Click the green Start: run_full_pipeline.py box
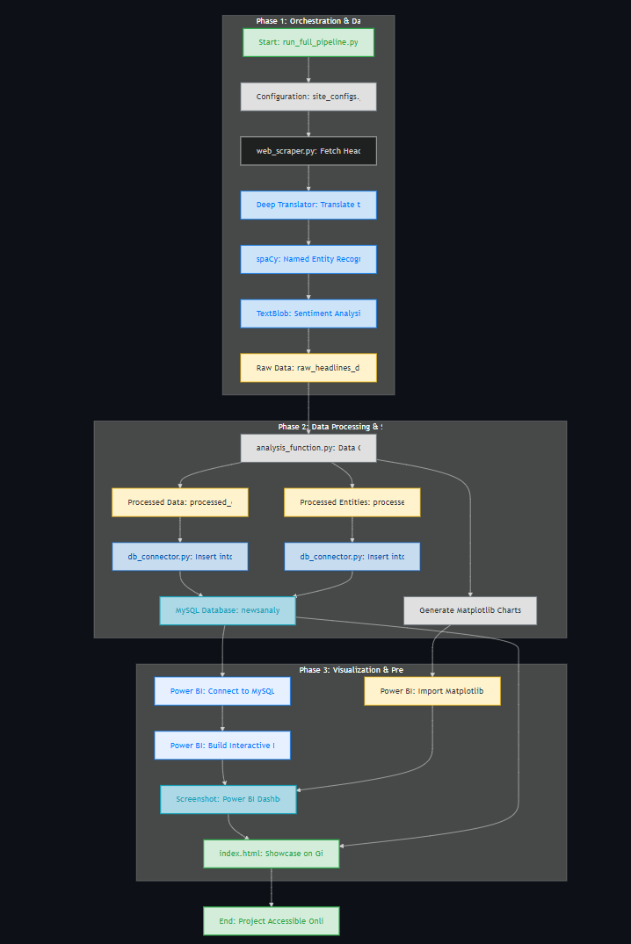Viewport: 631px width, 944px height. click(308, 42)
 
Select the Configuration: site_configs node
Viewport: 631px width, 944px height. click(308, 97)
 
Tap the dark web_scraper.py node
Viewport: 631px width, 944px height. click(308, 151)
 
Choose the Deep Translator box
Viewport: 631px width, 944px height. click(308, 205)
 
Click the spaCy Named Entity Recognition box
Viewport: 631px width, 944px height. click(308, 259)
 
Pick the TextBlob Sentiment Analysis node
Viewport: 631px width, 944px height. click(308, 313)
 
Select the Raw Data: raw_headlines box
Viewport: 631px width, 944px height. click(308, 368)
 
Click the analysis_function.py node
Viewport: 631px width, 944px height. click(308, 448)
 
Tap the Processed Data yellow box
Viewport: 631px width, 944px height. click(180, 502)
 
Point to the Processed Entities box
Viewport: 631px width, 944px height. click(352, 502)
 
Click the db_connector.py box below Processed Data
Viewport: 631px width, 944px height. click(180, 557)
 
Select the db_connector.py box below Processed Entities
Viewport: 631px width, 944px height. click(352, 557)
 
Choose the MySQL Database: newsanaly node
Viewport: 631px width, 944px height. click(228, 610)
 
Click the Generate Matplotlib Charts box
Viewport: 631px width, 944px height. click(470, 610)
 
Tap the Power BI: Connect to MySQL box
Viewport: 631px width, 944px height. click(222, 691)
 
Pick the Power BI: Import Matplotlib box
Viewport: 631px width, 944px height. click(432, 691)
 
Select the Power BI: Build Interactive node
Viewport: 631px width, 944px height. click(222, 746)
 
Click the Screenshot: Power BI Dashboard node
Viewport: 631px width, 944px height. click(228, 799)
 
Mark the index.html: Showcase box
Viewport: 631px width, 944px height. click(272, 854)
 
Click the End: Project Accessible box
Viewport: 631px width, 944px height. click(272, 921)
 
